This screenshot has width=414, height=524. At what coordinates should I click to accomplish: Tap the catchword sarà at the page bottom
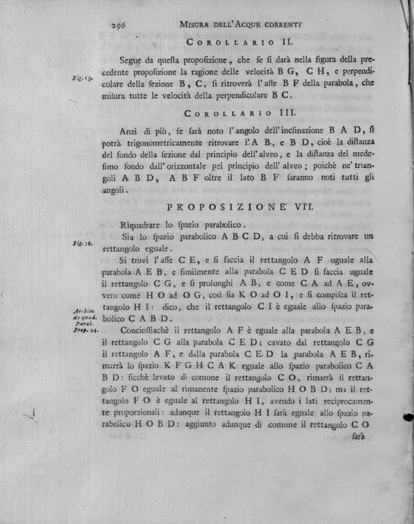(357, 438)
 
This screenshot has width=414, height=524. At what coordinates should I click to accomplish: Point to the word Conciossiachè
(146, 333)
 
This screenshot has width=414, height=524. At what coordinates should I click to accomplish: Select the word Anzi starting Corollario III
(129, 129)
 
